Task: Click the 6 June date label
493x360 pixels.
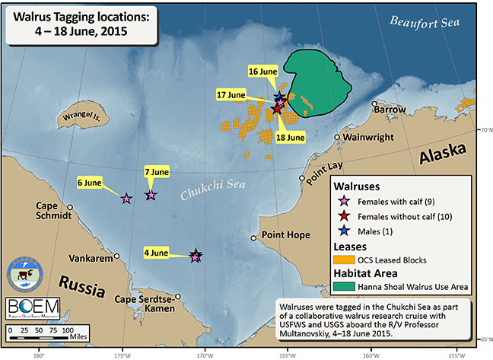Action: click(88, 183)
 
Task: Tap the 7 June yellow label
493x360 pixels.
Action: click(156, 173)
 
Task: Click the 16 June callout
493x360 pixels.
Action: click(262, 72)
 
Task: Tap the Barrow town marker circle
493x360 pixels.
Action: click(374, 104)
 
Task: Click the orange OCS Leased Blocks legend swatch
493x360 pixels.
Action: click(344, 260)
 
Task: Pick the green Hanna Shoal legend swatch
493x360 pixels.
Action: click(344, 287)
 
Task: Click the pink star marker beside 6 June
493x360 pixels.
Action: click(126, 199)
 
